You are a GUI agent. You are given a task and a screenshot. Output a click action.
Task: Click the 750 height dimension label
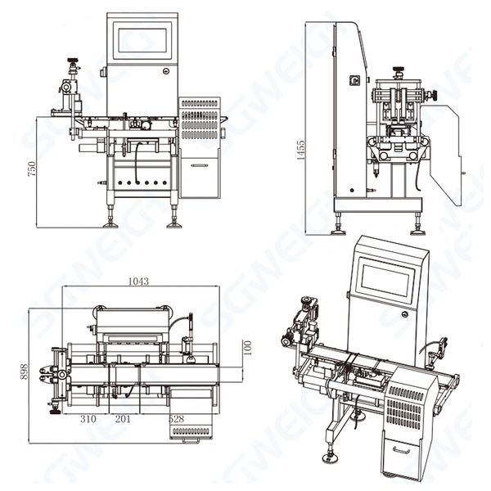click(32, 169)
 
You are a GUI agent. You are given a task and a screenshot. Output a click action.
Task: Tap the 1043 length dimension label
click(138, 281)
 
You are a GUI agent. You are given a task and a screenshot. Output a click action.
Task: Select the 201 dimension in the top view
click(123, 418)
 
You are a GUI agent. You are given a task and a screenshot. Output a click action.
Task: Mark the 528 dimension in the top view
click(176, 418)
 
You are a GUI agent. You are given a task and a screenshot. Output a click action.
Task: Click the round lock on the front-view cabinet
click(166, 71)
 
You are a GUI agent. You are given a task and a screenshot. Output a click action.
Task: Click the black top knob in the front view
click(72, 61)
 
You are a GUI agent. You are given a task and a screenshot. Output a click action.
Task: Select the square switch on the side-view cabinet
click(355, 80)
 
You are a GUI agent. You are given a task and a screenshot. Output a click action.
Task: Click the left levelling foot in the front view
click(110, 218)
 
